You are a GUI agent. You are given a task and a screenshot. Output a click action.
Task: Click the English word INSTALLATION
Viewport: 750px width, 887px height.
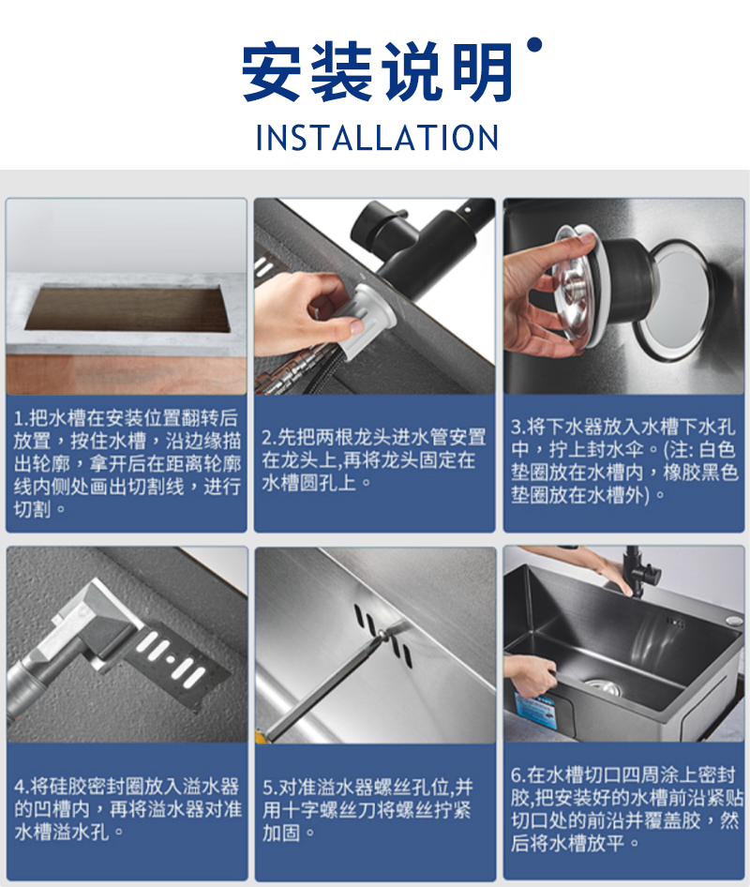[377, 138]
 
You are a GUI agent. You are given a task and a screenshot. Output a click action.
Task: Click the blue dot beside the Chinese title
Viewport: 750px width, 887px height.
[534, 45]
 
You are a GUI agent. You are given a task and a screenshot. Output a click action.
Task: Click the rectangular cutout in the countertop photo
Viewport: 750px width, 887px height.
[127, 308]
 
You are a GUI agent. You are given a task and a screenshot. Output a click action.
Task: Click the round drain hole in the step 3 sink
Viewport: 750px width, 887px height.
[673, 300]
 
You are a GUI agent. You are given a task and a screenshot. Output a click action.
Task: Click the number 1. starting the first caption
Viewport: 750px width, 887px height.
[21, 418]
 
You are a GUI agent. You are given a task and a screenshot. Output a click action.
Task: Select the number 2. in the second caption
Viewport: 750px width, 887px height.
[269, 437]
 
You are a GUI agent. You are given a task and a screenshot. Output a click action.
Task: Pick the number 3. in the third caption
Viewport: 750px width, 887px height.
[518, 427]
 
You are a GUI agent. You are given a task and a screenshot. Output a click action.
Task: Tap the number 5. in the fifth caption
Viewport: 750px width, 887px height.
[270, 788]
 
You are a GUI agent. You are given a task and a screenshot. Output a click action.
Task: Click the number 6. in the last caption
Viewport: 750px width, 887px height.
[518, 774]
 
